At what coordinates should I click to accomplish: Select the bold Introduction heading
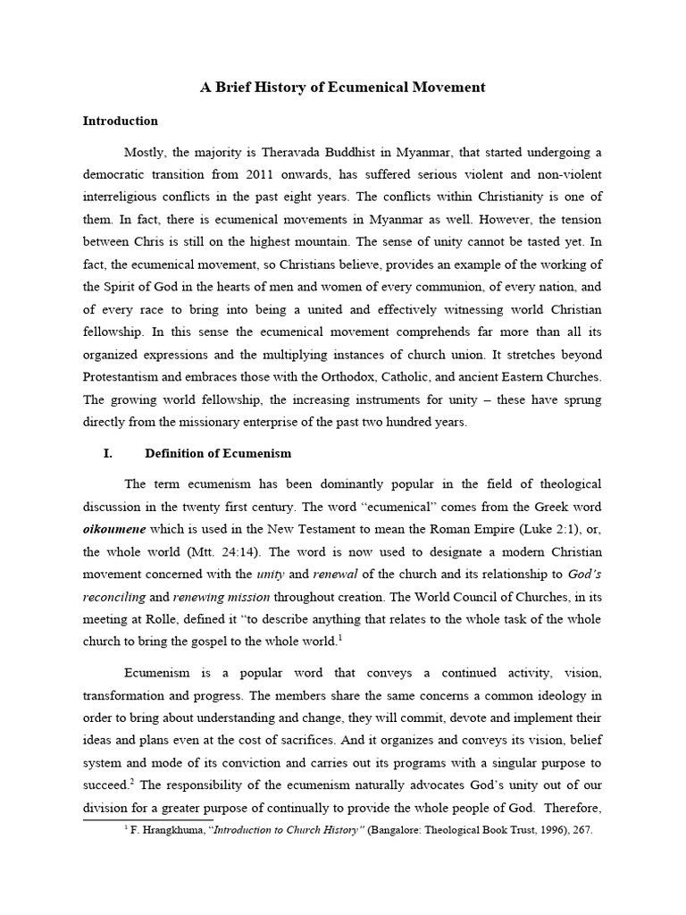coord(120,121)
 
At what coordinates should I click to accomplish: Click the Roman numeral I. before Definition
coord(108,454)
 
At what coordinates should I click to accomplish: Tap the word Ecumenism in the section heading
coord(258,454)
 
